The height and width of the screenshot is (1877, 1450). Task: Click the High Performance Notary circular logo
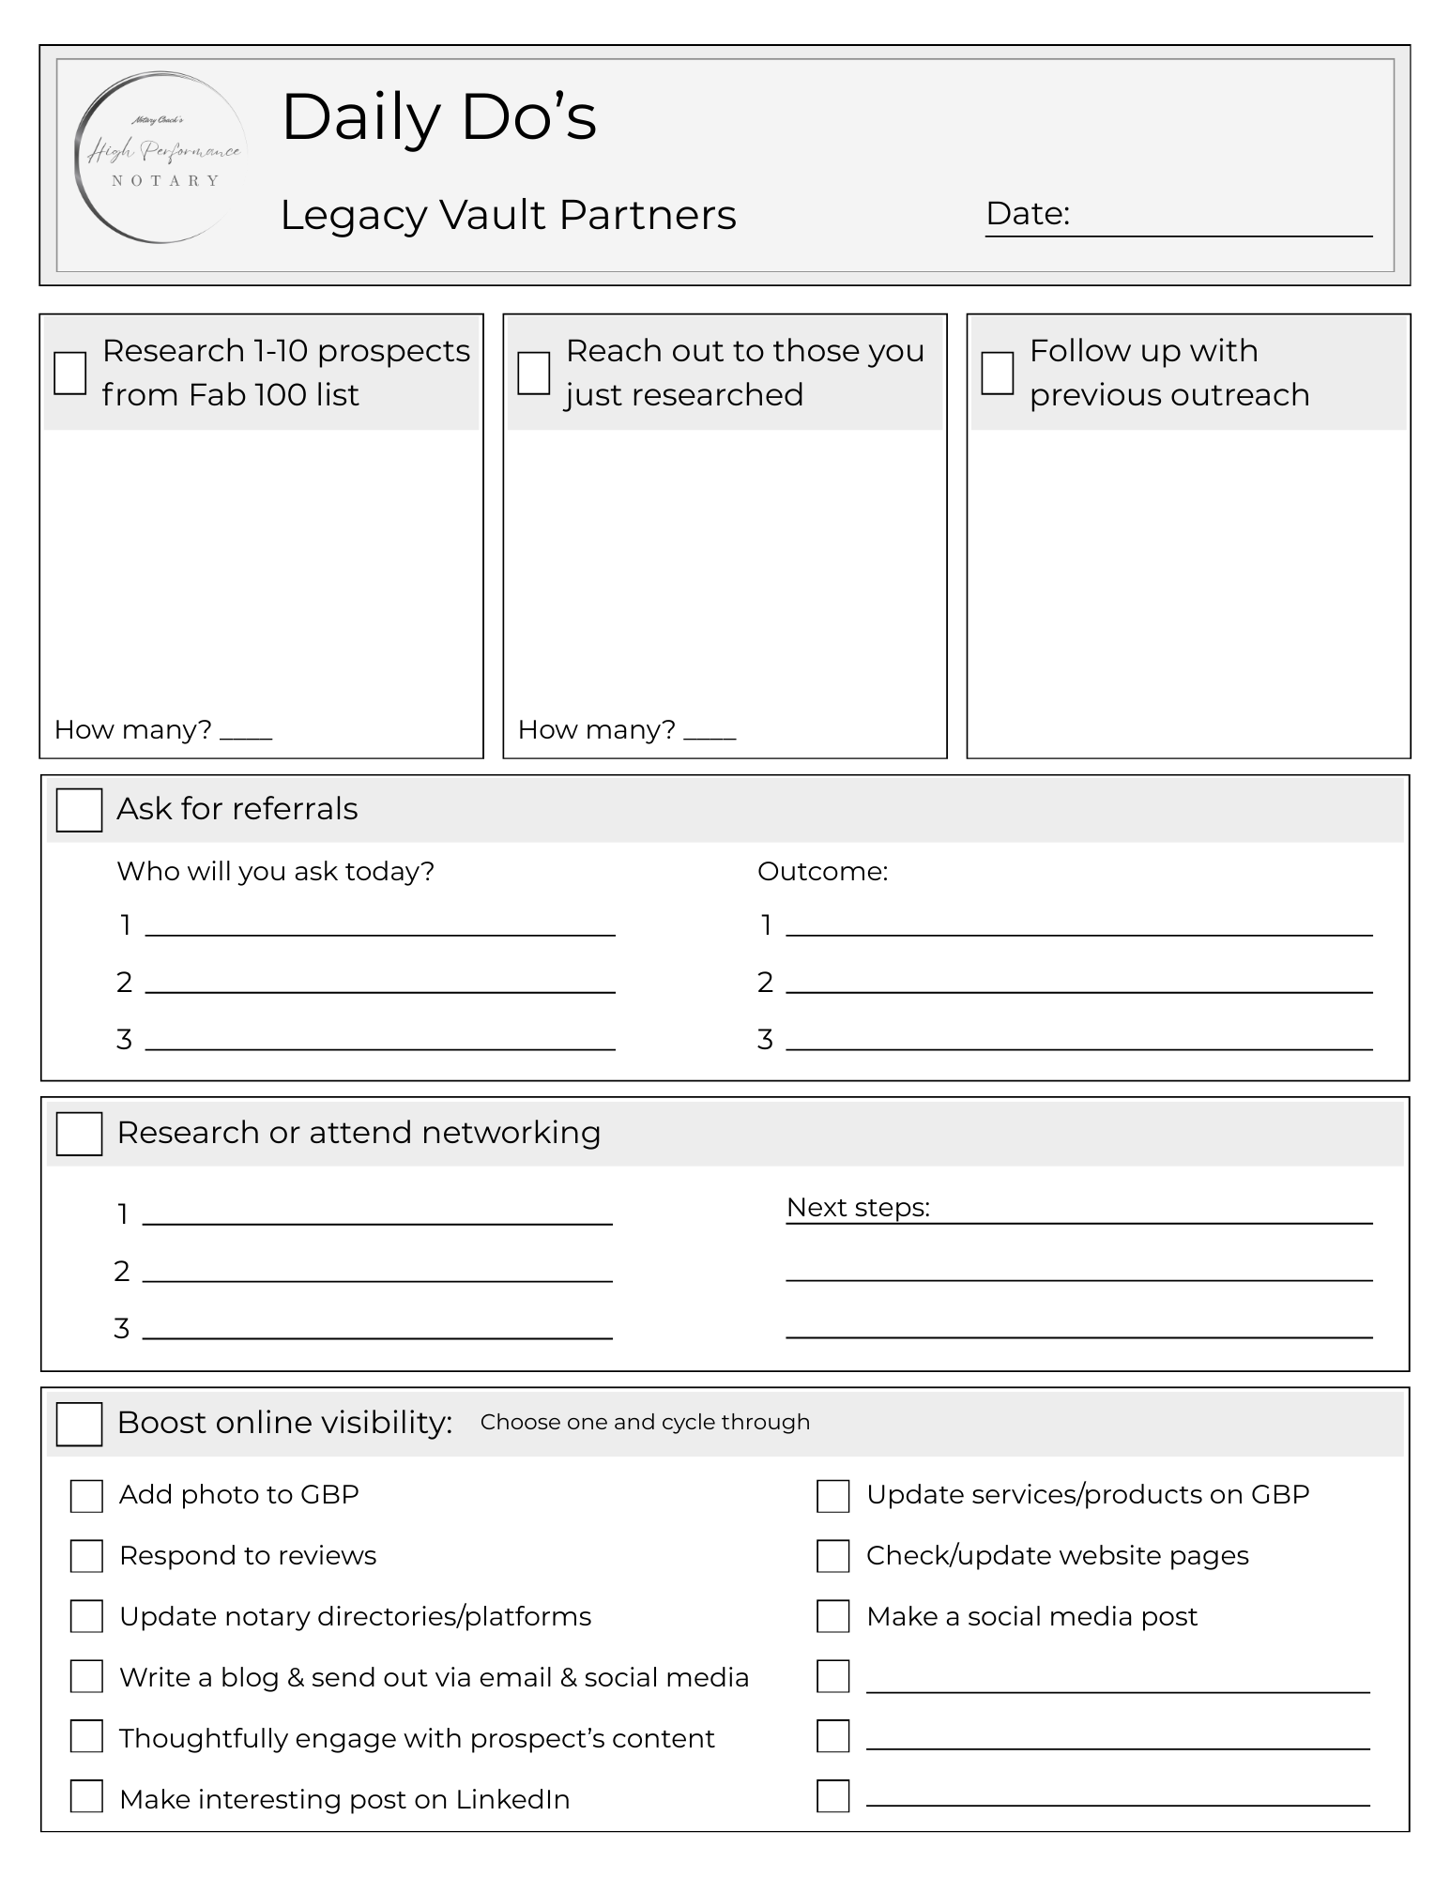(161, 158)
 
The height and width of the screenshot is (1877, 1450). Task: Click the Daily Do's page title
(438, 117)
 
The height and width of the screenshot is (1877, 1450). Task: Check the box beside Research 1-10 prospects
(70, 373)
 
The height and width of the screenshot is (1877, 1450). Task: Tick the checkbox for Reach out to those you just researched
(534, 373)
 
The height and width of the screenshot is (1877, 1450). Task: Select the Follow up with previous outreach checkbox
(997, 373)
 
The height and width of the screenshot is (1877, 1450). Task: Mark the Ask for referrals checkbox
(79, 810)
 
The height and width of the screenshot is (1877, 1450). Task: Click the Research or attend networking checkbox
(79, 1134)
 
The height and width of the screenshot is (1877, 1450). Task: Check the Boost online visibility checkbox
(79, 1424)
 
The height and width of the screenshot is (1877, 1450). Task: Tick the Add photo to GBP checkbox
(86, 1496)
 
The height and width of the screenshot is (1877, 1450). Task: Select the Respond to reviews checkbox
(86, 1556)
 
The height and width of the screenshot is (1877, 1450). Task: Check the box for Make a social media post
(832, 1616)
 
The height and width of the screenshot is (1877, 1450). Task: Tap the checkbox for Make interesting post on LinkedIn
(86, 1796)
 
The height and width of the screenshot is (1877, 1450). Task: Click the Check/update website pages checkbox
(832, 1556)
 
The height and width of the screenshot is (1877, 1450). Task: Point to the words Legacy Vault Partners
(508, 215)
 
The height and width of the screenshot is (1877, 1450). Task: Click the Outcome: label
(822, 872)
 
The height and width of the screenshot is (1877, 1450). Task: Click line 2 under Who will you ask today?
(380, 984)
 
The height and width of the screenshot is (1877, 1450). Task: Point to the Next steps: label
(858, 1208)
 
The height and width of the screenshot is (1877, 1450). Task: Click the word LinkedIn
(512, 1799)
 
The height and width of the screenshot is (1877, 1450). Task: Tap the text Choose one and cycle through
(645, 1422)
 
